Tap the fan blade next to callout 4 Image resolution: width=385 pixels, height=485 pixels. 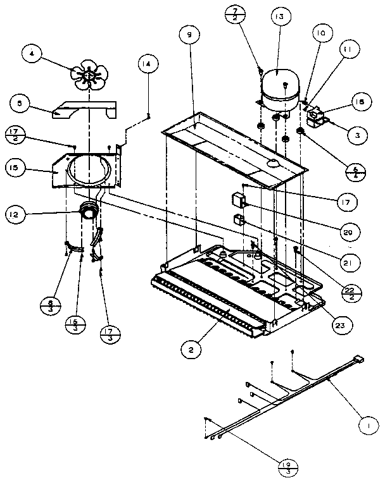[89, 77]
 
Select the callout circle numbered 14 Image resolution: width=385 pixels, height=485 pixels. [148, 64]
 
